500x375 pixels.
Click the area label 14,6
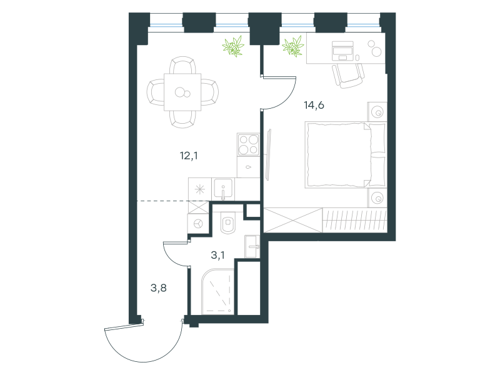point(314,105)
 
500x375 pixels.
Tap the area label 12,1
point(189,156)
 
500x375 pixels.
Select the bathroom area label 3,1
point(217,255)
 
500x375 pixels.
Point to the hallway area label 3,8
point(159,288)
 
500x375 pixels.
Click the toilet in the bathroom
point(228,222)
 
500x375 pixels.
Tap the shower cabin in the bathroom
point(218,292)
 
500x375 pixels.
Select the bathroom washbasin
point(252,246)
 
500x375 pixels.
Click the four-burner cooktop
point(248,144)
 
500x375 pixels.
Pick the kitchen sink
point(223,189)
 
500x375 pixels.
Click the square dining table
point(182,92)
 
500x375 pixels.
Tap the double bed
point(346,154)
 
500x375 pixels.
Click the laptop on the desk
point(342,51)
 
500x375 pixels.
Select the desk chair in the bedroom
point(348,76)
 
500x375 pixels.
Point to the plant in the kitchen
point(233,46)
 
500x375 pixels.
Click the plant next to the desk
point(293,46)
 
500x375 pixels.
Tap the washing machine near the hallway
point(198,223)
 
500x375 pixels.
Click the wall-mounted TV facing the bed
point(268,154)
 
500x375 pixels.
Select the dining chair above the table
point(182,66)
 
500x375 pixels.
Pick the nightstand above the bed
point(377,112)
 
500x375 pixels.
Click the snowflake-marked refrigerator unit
point(200,189)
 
